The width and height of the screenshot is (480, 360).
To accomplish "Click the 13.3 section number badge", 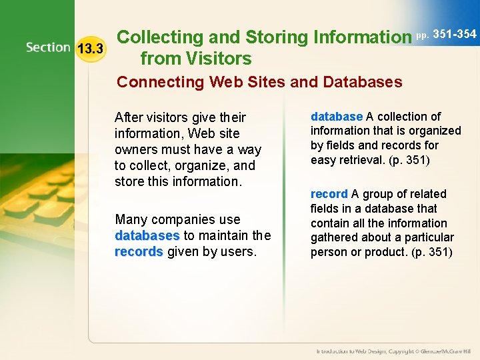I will (x=91, y=48).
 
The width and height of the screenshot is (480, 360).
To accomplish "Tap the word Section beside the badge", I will (x=48, y=47).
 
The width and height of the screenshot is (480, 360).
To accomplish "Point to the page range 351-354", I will (x=454, y=34).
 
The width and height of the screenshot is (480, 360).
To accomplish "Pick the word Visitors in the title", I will (x=217, y=59).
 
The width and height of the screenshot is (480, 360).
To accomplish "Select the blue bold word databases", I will (x=147, y=235).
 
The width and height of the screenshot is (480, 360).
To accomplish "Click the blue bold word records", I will (x=139, y=251).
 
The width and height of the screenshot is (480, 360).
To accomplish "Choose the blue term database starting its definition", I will (x=336, y=116).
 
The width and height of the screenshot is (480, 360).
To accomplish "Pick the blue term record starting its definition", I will (x=329, y=194).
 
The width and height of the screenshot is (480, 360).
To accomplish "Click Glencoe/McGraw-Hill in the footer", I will (x=445, y=351).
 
